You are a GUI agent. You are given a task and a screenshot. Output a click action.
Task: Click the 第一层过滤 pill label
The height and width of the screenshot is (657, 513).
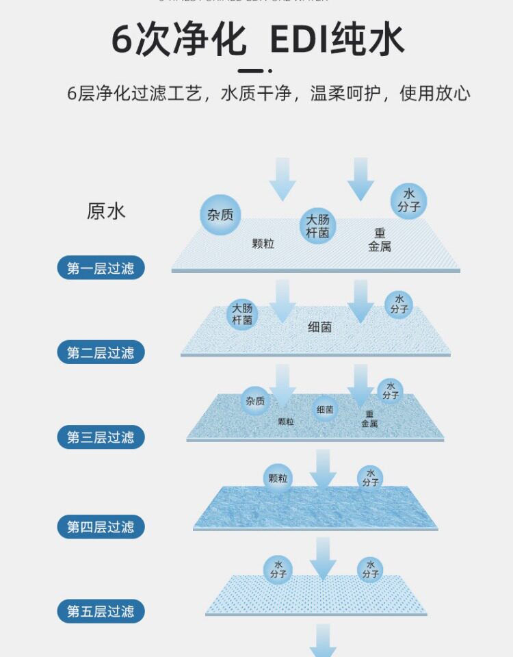101,268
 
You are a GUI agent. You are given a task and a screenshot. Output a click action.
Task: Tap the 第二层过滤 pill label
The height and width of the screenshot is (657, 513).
101,352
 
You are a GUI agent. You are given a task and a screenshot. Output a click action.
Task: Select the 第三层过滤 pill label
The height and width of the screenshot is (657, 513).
101,437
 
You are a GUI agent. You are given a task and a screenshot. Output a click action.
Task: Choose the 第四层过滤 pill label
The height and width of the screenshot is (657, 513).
101,526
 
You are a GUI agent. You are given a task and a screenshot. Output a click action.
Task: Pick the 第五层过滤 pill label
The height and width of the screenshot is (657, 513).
101,611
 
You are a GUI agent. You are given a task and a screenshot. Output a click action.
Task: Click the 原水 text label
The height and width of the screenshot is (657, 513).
106,211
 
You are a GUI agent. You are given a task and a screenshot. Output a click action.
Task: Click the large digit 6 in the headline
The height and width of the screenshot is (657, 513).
122,41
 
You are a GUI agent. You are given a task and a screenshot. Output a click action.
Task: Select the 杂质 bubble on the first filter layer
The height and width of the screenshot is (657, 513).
220,214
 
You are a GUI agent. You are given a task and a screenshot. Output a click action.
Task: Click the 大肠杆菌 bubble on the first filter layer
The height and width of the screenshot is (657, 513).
317,226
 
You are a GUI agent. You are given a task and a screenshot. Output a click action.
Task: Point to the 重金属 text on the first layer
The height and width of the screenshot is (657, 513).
380,240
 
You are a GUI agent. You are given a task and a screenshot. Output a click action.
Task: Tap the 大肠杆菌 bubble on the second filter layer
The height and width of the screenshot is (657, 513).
242,314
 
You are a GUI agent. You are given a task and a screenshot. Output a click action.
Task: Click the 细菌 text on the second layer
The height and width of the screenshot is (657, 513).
319,327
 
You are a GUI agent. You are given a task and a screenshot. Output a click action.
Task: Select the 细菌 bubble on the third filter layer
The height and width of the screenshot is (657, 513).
325,409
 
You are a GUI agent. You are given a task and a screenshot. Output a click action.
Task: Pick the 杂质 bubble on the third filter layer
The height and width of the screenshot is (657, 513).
255,401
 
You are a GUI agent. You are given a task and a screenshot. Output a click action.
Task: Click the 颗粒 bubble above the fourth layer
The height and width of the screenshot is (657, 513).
277,478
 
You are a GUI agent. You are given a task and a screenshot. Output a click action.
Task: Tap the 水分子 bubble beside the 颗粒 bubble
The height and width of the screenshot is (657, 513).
370,478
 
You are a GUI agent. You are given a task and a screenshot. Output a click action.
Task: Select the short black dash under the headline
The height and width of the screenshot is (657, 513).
250,70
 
